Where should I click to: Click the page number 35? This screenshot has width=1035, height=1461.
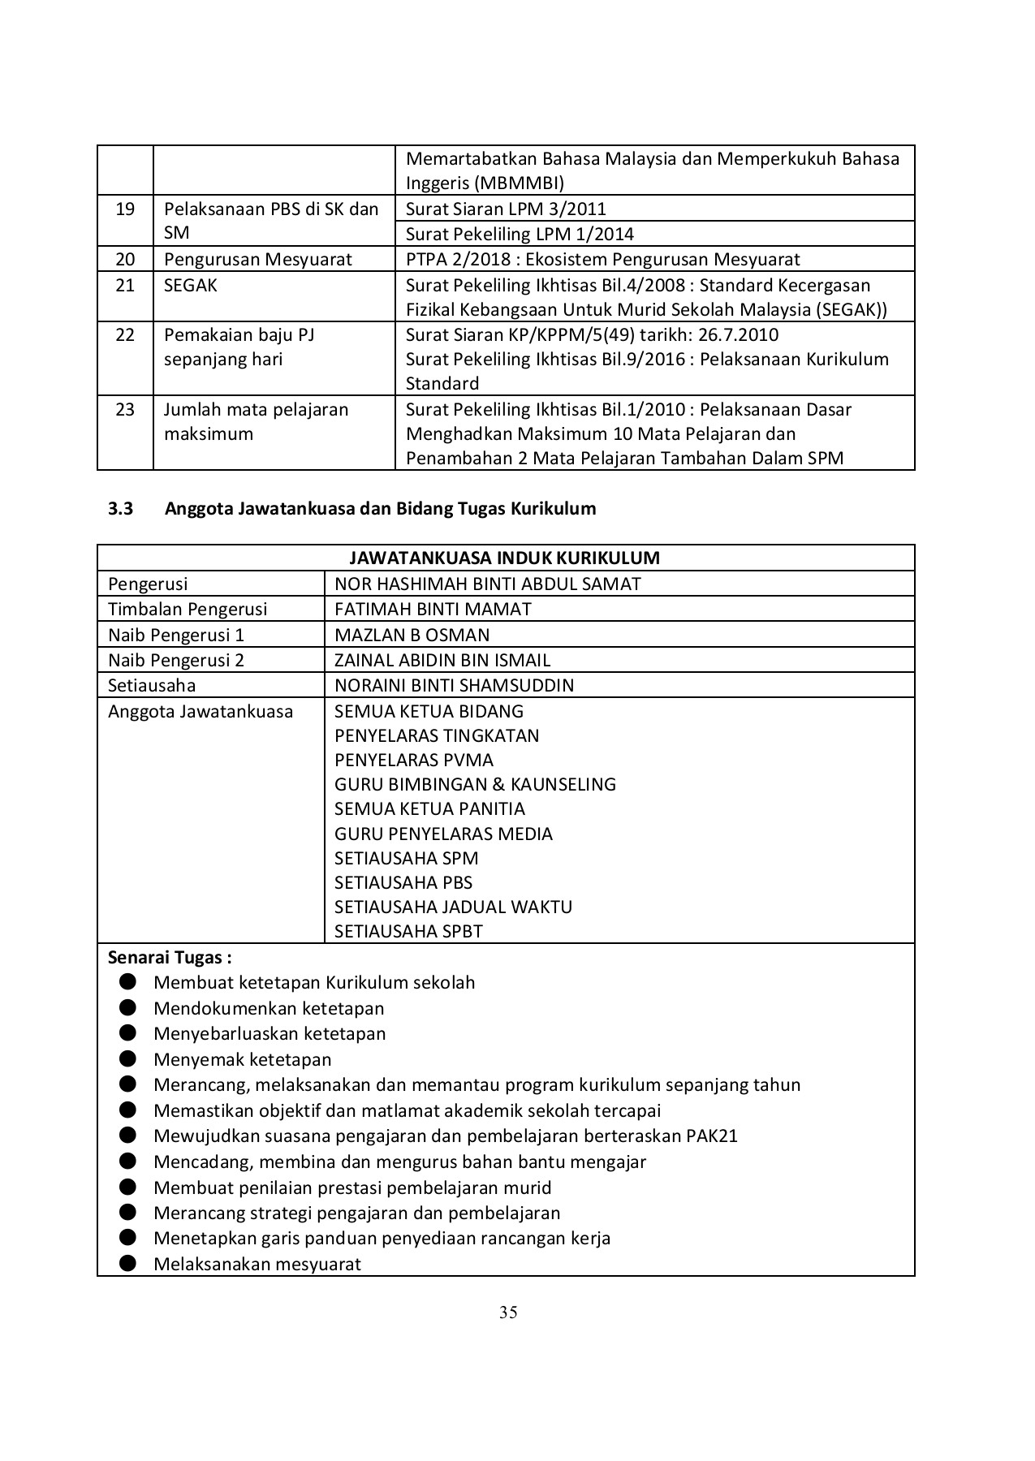pyautogui.click(x=508, y=1312)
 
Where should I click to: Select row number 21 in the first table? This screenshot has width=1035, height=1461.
pyautogui.click(x=125, y=285)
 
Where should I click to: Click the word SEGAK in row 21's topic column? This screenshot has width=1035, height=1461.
pyautogui.click(x=191, y=285)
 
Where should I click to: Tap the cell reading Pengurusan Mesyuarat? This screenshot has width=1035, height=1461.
pyautogui.click(x=258, y=260)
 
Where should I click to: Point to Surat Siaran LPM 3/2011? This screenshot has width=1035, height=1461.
pyautogui.click(x=505, y=209)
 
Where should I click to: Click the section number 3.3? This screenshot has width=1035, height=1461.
pyautogui.click(x=120, y=509)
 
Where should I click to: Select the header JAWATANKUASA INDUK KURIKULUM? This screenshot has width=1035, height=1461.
pyautogui.click(x=505, y=558)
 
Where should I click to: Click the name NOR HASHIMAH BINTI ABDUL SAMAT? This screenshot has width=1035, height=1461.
pyautogui.click(x=487, y=584)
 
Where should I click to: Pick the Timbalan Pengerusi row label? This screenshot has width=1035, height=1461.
pyautogui.click(x=188, y=609)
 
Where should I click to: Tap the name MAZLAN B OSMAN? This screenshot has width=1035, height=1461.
pyautogui.click(x=412, y=635)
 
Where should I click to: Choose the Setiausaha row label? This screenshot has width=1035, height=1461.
pyautogui.click(x=152, y=685)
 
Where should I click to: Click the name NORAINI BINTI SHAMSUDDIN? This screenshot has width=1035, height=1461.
pyautogui.click(x=454, y=685)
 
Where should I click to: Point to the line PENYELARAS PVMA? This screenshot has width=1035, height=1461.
pyautogui.click(x=413, y=760)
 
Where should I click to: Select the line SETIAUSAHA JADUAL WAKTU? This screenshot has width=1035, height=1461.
pyautogui.click(x=453, y=907)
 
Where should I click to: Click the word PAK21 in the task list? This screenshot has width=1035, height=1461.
pyautogui.click(x=711, y=1136)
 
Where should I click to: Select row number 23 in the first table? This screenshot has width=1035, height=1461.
pyautogui.click(x=125, y=409)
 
